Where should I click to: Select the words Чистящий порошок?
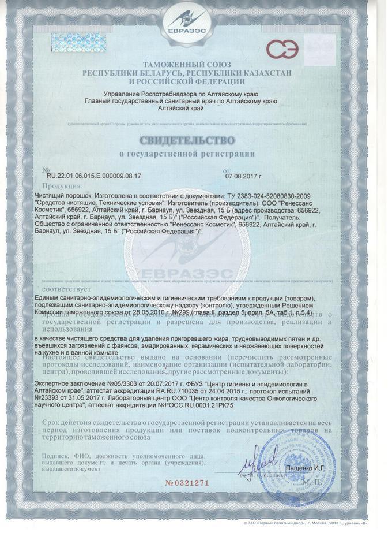coord(61,196)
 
